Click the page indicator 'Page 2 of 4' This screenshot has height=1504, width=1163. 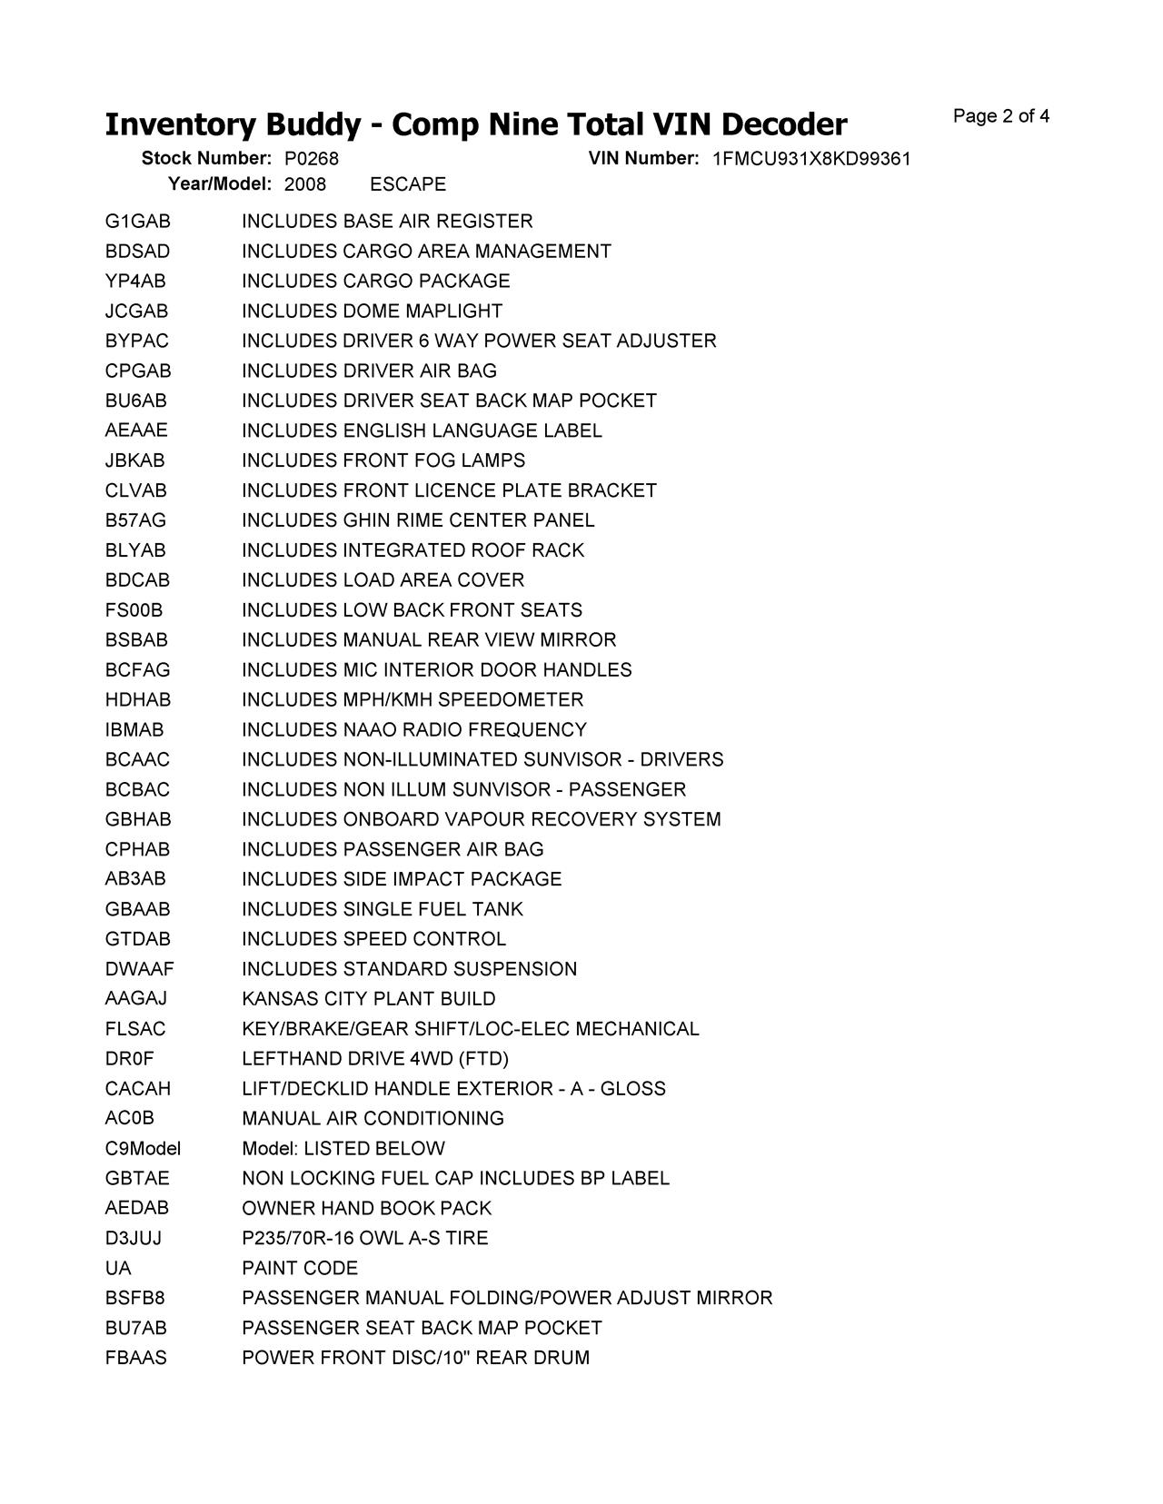point(1000,116)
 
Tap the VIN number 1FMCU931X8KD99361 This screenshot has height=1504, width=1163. point(811,160)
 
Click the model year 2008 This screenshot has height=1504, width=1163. point(305,184)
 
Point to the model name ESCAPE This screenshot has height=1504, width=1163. point(408,184)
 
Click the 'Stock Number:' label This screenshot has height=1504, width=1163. point(206,159)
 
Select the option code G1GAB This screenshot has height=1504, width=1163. point(137,222)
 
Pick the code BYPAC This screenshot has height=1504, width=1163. point(136,341)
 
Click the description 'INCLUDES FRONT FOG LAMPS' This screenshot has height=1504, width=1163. point(383,460)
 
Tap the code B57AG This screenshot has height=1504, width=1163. point(135,520)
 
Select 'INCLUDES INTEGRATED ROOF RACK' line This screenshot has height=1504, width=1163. point(413,550)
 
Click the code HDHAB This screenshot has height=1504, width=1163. point(138,700)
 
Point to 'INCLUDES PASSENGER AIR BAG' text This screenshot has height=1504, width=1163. point(393,849)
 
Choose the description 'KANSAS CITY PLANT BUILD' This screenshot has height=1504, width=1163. point(369,999)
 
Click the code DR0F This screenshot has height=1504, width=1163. point(129,1059)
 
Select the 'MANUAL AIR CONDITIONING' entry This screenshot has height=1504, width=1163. point(373,1119)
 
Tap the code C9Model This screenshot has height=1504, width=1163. point(143,1149)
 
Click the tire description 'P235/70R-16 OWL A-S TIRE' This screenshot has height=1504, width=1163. point(364,1239)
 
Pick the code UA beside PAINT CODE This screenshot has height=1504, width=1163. point(118,1269)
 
